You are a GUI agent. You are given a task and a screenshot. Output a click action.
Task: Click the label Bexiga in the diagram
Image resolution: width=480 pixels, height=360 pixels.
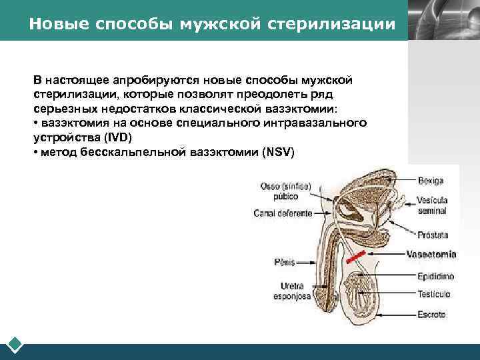[430, 181]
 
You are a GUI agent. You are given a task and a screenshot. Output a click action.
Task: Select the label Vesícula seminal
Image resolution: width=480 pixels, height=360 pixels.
[432, 205]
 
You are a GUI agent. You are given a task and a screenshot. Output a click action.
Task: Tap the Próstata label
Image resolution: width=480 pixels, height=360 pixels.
[433, 235]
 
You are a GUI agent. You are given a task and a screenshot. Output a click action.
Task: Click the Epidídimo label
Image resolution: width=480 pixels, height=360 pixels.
[435, 274]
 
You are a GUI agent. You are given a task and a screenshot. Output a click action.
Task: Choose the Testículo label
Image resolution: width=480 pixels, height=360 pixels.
[434, 293]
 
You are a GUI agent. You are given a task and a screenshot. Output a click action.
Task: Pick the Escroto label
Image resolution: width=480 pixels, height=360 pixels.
[431, 314]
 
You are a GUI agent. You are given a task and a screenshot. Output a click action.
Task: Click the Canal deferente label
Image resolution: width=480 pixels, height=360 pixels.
[283, 213]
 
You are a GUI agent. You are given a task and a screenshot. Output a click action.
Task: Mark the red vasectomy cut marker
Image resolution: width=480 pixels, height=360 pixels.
[355, 255]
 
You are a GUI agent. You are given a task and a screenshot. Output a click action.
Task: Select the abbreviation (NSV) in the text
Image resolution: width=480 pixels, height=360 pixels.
[278, 153]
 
